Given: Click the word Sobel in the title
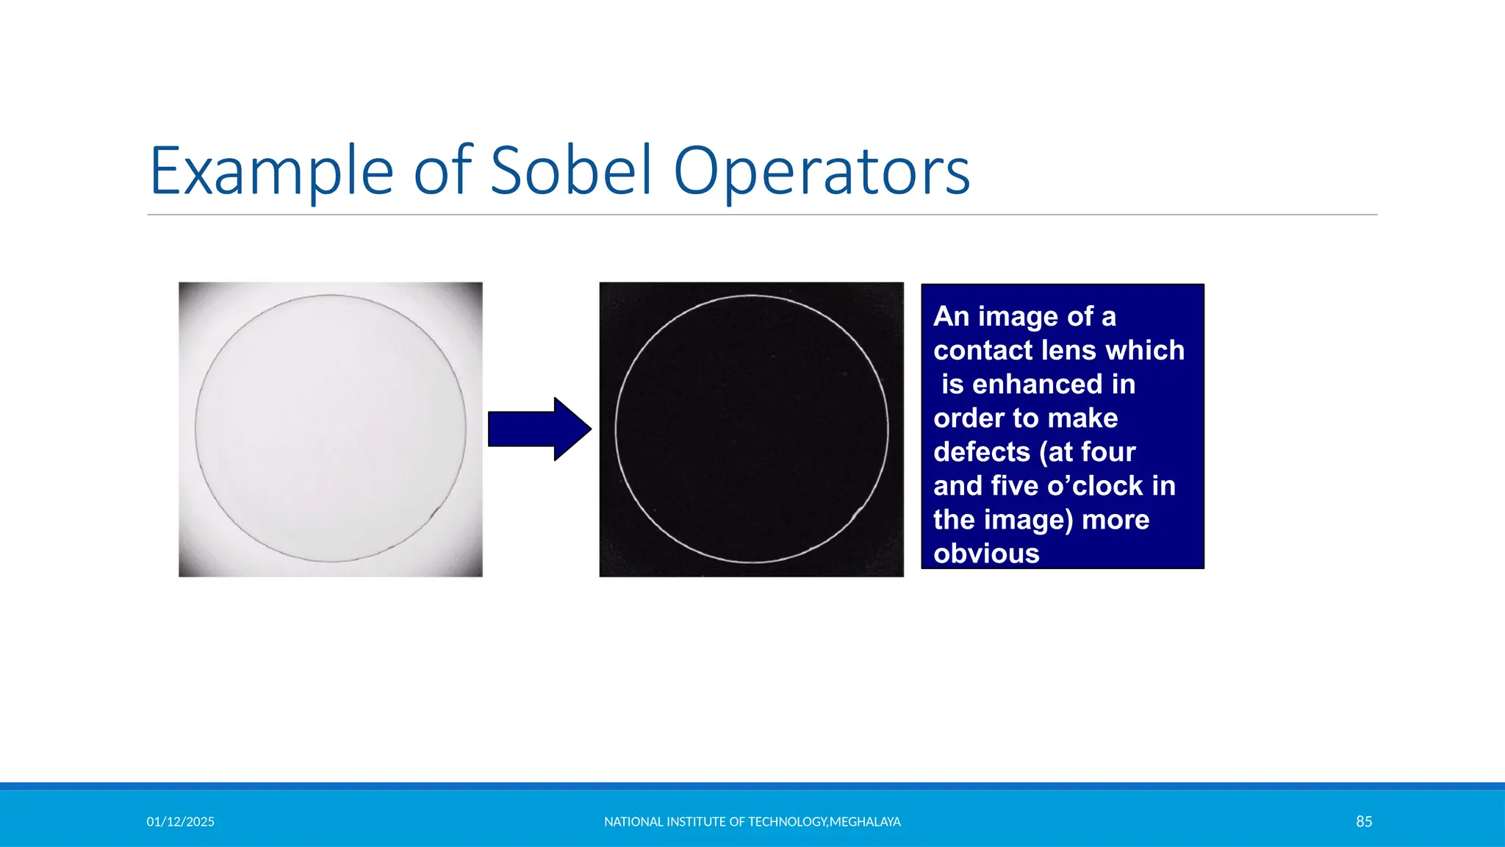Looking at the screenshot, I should point(570,171).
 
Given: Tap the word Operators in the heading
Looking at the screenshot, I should point(822,171).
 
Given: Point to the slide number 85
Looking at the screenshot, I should point(1364,821).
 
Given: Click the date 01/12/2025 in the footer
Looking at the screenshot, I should point(180,821).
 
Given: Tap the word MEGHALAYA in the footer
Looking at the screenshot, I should point(865,821).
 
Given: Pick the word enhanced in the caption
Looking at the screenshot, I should point(1038,384).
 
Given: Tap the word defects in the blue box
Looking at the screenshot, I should point(982,451).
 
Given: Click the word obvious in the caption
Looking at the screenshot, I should point(986,553).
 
